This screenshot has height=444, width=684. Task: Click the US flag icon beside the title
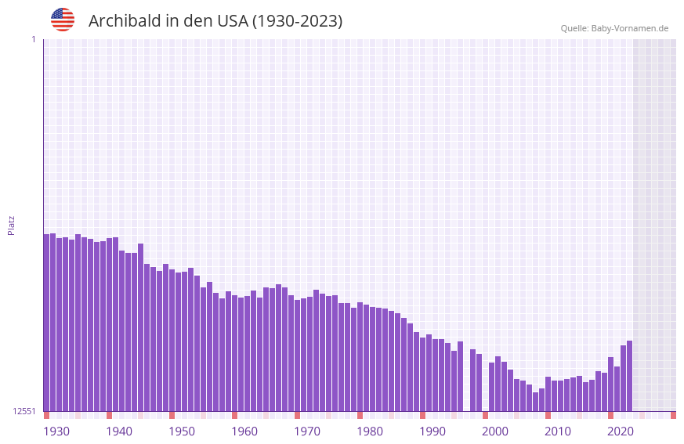(63, 20)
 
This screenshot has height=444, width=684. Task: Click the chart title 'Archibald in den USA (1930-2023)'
(215, 21)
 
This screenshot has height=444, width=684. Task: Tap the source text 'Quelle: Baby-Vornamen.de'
(614, 28)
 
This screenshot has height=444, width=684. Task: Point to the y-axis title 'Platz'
(11, 225)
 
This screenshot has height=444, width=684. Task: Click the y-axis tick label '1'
(33, 39)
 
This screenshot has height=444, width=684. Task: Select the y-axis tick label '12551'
(24, 411)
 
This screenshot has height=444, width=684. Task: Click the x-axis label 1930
(56, 431)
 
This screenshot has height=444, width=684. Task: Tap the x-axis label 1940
(119, 431)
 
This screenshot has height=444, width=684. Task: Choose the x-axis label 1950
(182, 431)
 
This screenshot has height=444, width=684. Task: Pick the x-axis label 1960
(244, 431)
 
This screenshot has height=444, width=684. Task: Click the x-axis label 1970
(307, 431)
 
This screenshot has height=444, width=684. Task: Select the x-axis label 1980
(370, 431)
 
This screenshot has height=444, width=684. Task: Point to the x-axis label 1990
(432, 431)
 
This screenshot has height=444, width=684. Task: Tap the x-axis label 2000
(495, 431)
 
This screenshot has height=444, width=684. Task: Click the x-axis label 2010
(558, 431)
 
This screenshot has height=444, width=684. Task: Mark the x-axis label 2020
(621, 431)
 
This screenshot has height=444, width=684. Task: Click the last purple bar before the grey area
(629, 376)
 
